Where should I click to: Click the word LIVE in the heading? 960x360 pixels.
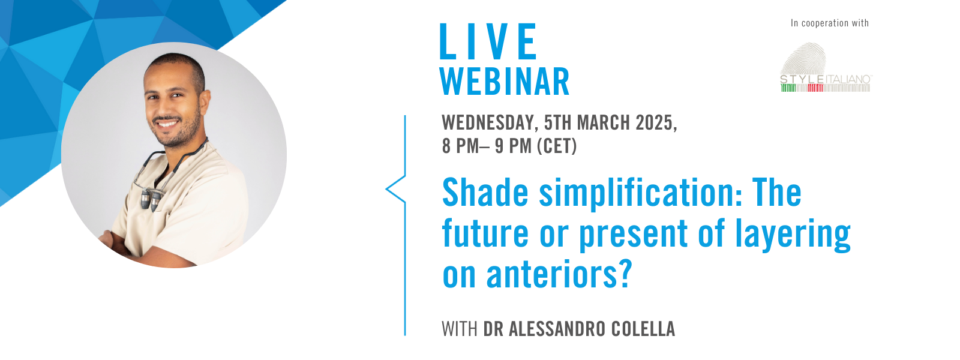[488, 42]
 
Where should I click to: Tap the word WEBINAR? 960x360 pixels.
[505, 82]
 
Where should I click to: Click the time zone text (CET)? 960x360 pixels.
[556, 146]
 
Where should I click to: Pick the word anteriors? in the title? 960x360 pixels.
[559, 275]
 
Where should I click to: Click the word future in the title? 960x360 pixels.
[485, 234]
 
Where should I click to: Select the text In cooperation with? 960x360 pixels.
[829, 23]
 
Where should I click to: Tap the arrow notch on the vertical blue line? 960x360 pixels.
[389, 189]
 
